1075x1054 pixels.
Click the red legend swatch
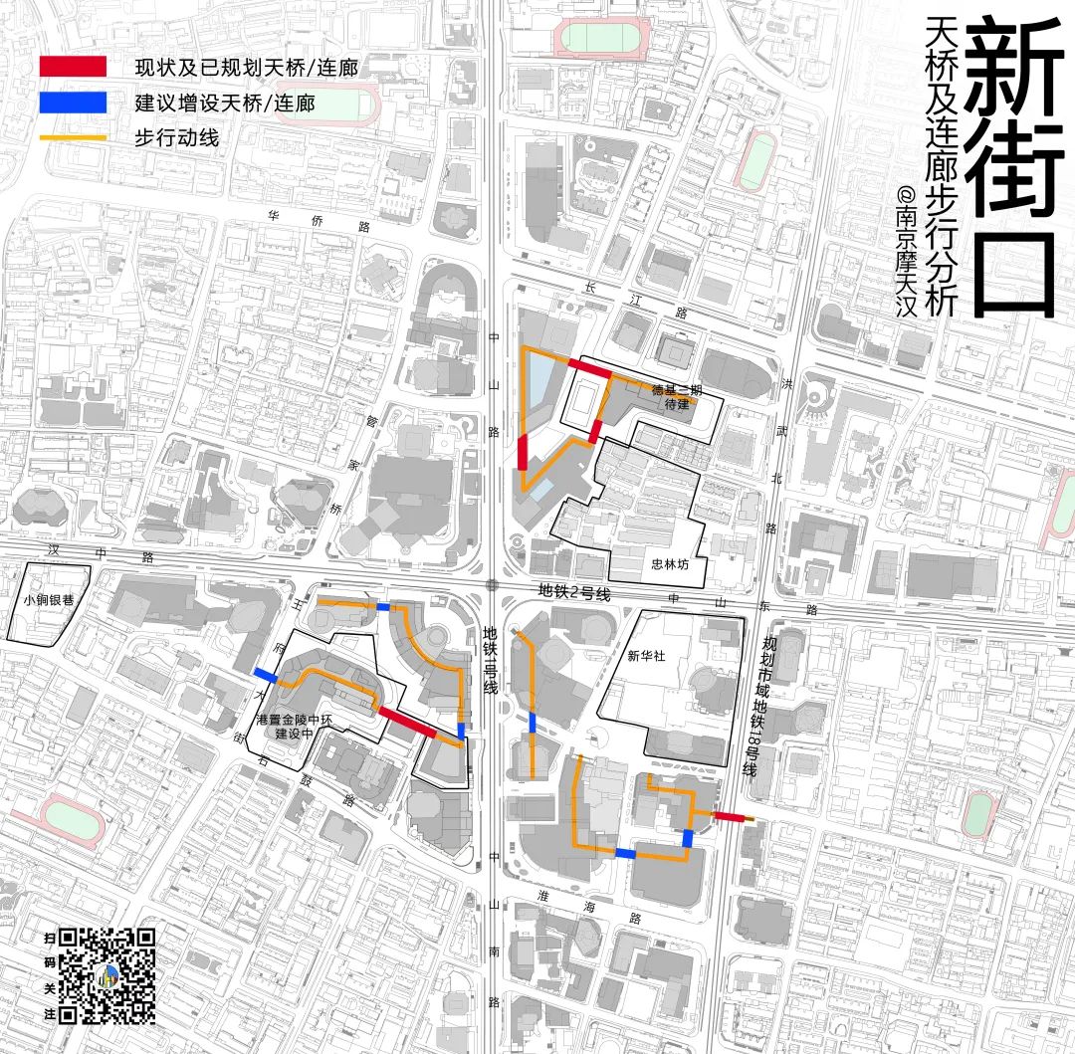[x=72, y=67]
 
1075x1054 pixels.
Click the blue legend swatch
[x=72, y=102]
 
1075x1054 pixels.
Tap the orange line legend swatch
[x=72, y=137]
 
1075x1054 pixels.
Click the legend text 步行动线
[x=176, y=137]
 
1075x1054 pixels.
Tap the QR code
[x=107, y=975]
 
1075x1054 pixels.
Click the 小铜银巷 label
[x=49, y=600]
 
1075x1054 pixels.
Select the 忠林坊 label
[x=670, y=563]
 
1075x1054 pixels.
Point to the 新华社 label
[x=646, y=656]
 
